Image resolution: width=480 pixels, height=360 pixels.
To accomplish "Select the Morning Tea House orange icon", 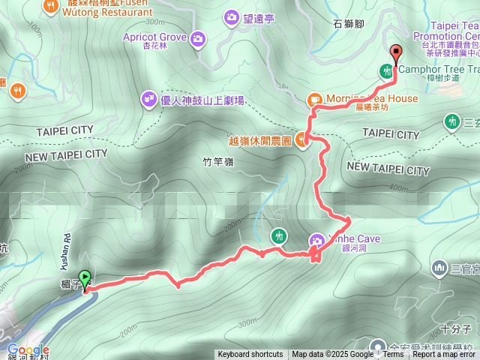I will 314,99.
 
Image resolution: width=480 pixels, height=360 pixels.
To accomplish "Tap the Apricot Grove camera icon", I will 198,38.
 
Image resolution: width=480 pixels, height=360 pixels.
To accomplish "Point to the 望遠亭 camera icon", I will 231,16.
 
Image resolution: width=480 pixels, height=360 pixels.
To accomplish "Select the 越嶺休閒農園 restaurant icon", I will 301,139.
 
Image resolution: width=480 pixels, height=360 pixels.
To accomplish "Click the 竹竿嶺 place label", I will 218,161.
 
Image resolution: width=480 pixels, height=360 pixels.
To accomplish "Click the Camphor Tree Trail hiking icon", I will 386,71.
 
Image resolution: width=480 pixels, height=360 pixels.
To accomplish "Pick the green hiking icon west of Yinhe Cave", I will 278,235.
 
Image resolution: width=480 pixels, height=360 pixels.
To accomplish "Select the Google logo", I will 28,349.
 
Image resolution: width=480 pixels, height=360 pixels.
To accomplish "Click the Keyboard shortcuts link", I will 250,355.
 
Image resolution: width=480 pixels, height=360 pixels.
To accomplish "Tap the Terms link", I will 393,355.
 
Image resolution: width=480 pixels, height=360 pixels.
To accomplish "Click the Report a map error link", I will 444,355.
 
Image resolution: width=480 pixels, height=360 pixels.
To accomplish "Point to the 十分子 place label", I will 455,328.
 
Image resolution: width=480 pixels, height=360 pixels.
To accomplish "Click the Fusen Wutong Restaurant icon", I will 52,5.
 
